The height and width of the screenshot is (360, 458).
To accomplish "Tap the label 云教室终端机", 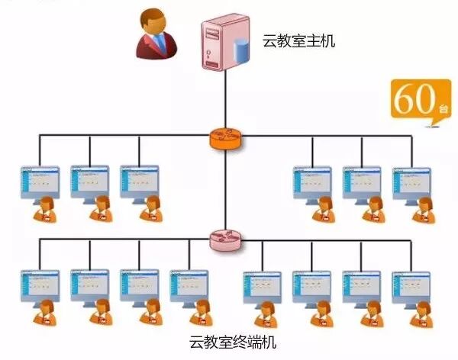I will pyautogui.click(x=228, y=341).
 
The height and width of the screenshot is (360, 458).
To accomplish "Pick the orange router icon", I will pyautogui.click(x=225, y=139).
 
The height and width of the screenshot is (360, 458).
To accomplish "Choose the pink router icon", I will pyautogui.click(x=225, y=242).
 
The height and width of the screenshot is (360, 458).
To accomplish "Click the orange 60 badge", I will pyautogui.click(x=415, y=99).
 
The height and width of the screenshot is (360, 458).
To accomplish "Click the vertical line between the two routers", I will pyautogui.click(x=225, y=191).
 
